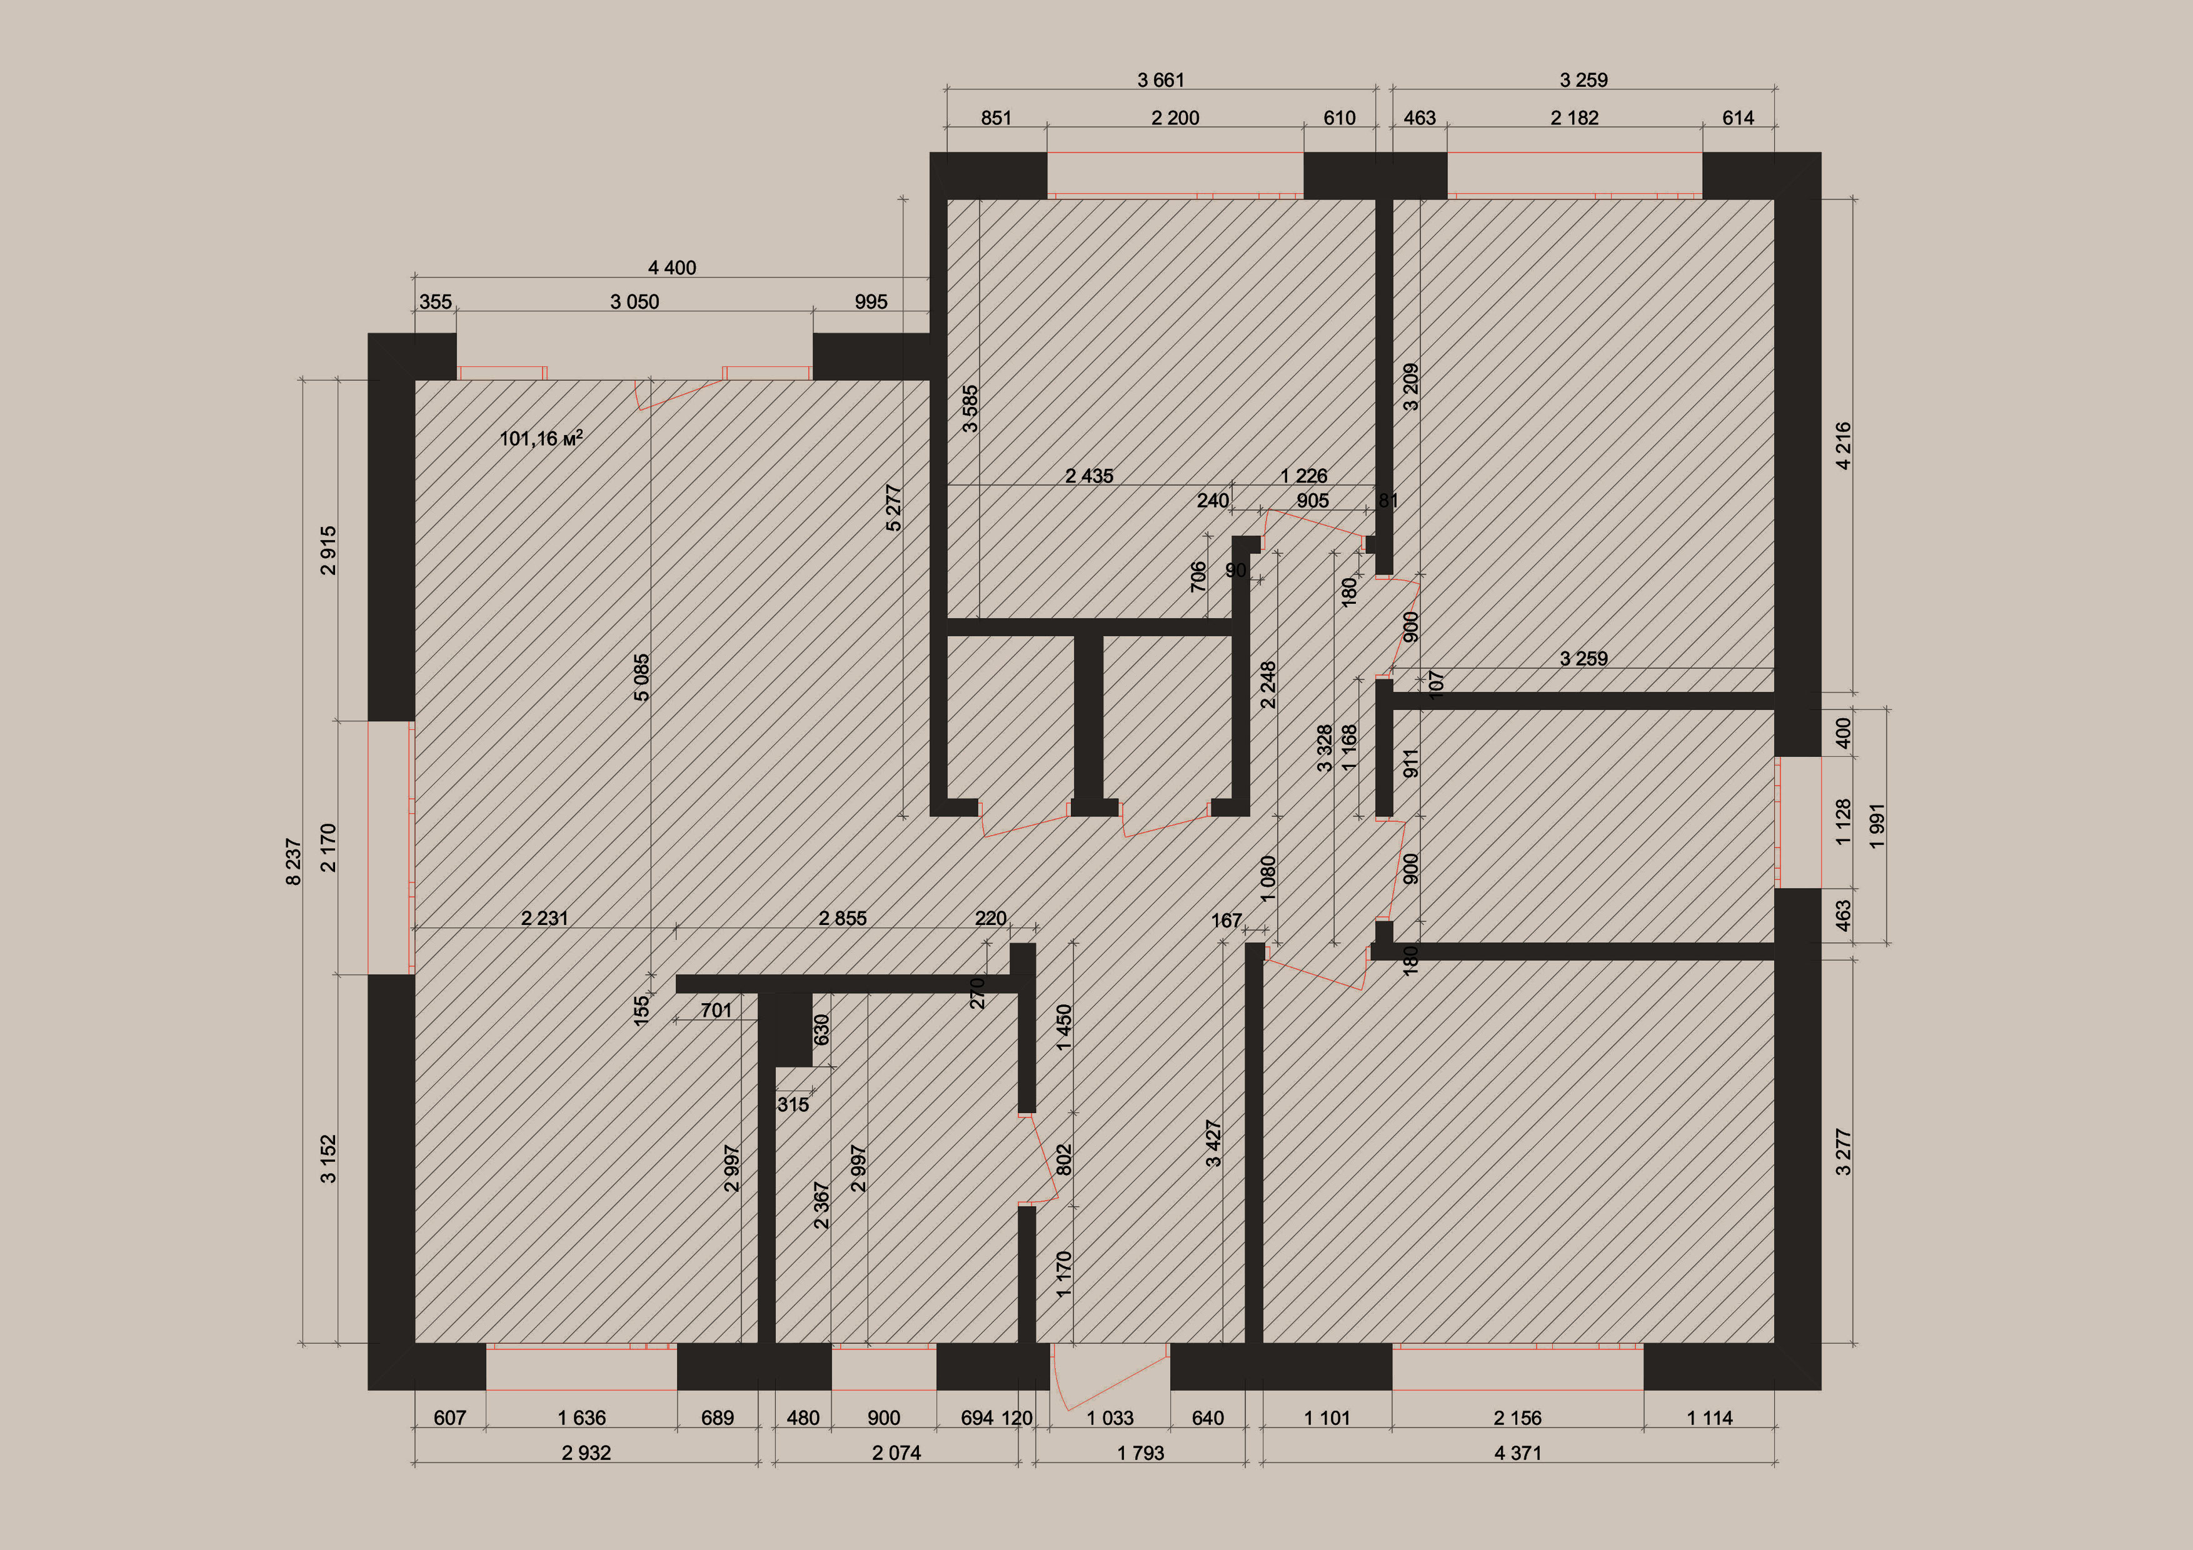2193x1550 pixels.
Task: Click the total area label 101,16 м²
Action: tap(541, 438)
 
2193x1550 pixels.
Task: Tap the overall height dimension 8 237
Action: tap(293, 862)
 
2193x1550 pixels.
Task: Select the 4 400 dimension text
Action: tap(673, 267)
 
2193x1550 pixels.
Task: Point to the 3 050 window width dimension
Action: tap(635, 302)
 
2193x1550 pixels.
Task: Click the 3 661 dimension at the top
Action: tap(1160, 80)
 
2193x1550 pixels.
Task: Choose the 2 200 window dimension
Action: tap(1175, 117)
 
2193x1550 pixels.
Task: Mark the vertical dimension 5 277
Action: tap(893, 508)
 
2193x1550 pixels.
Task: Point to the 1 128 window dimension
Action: tap(1844, 822)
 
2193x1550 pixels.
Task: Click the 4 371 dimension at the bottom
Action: tap(1518, 1452)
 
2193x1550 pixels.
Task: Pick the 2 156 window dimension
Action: tap(1518, 1418)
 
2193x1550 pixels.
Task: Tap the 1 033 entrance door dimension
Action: tap(1110, 1418)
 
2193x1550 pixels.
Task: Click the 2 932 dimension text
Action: tap(586, 1452)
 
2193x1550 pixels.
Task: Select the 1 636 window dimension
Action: tap(581, 1418)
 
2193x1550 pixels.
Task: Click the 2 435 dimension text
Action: tap(1089, 476)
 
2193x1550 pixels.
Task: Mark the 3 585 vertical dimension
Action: tap(970, 409)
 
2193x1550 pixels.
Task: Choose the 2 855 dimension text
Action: tap(843, 917)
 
